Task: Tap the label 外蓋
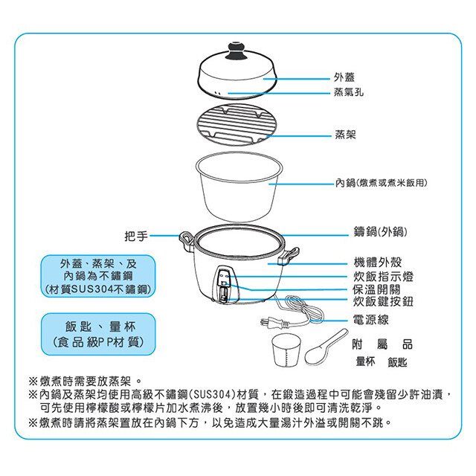coord(345,77)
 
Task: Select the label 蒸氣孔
coord(350,94)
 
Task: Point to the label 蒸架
coord(345,137)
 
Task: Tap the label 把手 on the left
coord(135,236)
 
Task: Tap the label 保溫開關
coord(377,289)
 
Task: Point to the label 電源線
coord(371,320)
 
